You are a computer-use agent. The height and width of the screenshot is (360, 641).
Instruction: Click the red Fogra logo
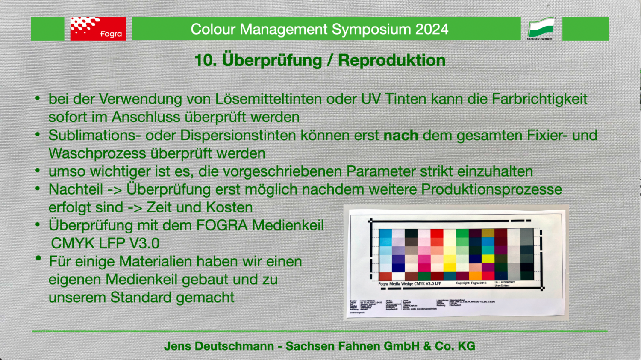[x=98, y=29]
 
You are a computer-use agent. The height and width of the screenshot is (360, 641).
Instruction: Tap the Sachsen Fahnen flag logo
[x=541, y=28]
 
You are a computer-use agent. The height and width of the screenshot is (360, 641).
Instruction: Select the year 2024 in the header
[x=432, y=29]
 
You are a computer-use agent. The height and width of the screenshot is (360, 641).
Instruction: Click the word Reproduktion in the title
[x=391, y=60]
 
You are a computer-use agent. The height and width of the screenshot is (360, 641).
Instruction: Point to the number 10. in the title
[x=206, y=60]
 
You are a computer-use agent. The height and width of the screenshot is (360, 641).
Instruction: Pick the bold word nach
[x=400, y=135]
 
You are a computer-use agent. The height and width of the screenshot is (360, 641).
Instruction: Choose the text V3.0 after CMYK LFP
[x=144, y=243]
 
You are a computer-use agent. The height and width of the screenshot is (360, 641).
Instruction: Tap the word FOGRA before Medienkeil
[x=222, y=225]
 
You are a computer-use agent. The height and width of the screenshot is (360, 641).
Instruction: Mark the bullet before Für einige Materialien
[x=38, y=258]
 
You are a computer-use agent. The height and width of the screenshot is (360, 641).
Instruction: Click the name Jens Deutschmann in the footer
[x=219, y=346]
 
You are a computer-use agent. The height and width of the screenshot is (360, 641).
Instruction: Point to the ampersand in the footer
[x=427, y=346]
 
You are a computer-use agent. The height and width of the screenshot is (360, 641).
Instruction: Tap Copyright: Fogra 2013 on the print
[x=471, y=283]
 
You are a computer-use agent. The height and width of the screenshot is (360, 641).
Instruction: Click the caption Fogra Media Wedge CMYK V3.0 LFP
[x=409, y=283]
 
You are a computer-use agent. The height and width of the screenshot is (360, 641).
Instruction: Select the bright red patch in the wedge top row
[x=437, y=233]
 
